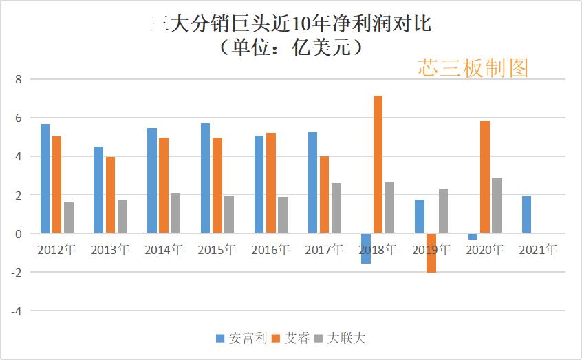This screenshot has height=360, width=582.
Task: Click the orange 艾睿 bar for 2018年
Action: click(x=378, y=165)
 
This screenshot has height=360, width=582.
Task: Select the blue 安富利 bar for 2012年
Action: click(x=45, y=179)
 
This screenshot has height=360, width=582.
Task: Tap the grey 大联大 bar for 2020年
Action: click(x=496, y=206)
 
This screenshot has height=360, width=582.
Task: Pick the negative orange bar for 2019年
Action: click(x=431, y=253)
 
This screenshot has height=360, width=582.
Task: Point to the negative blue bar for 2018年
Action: click(x=366, y=248)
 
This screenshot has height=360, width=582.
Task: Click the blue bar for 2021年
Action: click(x=526, y=215)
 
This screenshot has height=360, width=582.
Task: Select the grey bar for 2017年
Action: click(x=336, y=209)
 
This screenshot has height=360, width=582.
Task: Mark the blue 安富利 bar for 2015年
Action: click(x=205, y=178)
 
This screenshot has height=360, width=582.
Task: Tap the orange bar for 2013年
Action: click(x=110, y=195)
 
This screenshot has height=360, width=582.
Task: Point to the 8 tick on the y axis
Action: click(x=19, y=80)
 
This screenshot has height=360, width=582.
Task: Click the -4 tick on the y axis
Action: click(x=17, y=311)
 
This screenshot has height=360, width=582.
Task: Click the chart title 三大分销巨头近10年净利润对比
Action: click(x=290, y=25)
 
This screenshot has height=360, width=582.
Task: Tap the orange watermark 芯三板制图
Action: click(x=473, y=67)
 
